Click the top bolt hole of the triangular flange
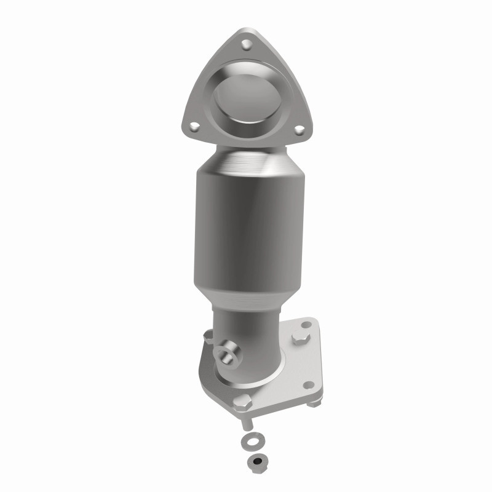click(246, 44)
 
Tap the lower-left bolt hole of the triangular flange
click(195, 126)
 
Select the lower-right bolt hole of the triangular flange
click(299, 130)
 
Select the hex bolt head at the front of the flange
click(241, 405)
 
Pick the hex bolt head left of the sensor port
click(207, 336)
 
